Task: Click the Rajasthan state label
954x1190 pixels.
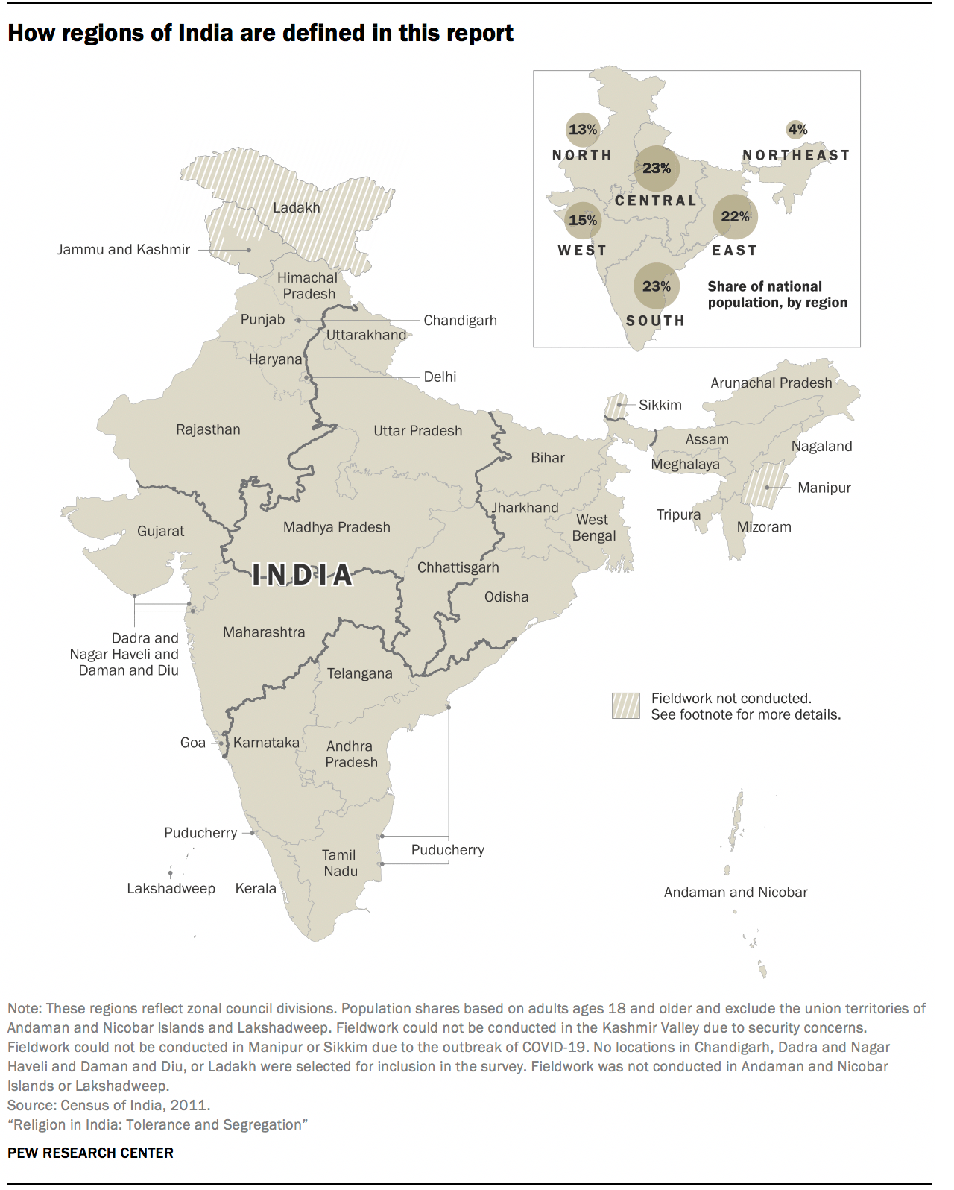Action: point(208,429)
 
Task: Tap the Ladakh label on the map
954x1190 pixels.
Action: point(296,207)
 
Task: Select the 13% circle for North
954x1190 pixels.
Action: point(583,130)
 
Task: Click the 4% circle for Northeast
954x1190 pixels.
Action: point(797,130)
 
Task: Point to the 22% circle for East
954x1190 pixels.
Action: point(735,216)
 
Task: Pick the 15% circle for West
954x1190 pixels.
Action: point(583,220)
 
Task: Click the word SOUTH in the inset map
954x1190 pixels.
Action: point(655,321)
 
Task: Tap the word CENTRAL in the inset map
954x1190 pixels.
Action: point(656,201)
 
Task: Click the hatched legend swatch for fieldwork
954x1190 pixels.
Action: point(626,705)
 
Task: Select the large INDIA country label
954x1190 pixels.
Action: point(302,575)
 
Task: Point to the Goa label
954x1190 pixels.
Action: point(192,743)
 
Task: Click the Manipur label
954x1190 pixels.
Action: point(824,488)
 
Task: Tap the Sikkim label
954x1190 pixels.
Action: point(660,405)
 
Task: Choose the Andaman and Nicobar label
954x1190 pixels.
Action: point(736,892)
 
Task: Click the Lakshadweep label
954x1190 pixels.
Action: point(171,888)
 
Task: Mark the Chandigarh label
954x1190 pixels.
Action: point(460,321)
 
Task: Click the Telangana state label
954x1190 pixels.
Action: point(359,673)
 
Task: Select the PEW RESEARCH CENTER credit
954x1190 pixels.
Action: point(90,1153)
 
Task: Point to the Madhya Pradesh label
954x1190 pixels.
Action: point(336,527)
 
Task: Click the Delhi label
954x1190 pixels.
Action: point(440,377)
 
